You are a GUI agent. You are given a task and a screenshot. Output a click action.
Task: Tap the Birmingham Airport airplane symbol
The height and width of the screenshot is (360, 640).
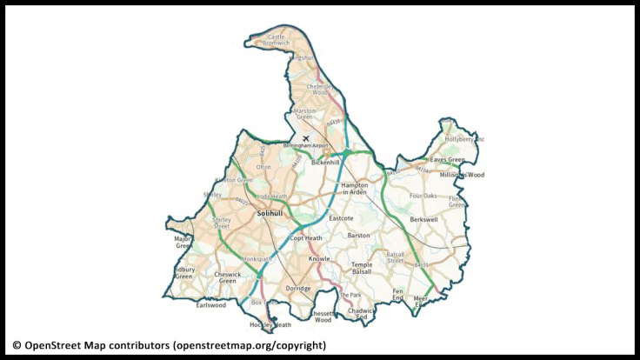tap(304, 137)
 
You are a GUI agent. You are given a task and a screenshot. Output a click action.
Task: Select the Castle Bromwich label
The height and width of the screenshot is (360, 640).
tap(277, 40)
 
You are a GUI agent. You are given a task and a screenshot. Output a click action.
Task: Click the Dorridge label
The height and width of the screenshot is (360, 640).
tap(297, 288)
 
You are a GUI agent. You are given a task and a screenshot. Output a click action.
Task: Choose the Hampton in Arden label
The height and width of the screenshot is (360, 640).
tap(355, 189)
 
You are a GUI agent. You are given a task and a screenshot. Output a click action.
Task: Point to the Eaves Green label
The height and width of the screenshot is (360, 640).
tap(447, 160)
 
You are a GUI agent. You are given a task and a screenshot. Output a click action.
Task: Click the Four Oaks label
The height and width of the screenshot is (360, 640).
tap(423, 196)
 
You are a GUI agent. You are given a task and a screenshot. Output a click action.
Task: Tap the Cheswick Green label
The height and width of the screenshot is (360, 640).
tap(227, 277)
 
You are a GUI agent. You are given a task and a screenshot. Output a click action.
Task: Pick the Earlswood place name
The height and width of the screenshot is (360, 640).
tap(210, 305)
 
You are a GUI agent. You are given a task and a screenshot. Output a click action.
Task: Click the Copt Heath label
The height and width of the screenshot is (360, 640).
tap(305, 237)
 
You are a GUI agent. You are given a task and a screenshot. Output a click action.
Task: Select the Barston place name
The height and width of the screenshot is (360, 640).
tap(358, 235)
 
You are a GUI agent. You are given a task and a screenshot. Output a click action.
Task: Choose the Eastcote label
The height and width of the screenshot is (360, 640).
tap(340, 218)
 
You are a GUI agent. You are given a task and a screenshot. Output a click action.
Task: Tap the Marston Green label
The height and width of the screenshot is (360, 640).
tap(304, 114)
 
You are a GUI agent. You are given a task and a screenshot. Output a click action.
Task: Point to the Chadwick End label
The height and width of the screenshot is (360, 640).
tap(361, 313)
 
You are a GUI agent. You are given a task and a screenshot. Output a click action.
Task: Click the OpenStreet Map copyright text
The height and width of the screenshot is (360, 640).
tap(169, 345)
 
